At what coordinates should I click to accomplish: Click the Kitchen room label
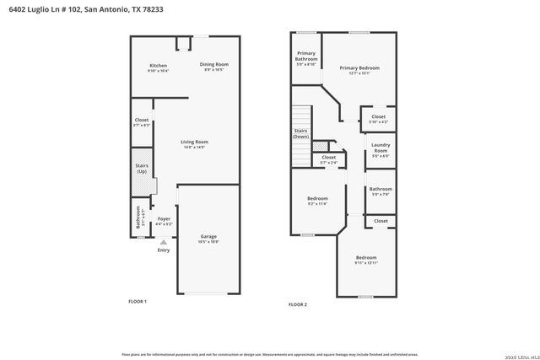(x=159, y=66)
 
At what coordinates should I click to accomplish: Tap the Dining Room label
(x=214, y=65)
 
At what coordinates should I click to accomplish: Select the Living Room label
(x=194, y=142)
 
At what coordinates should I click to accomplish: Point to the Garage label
(x=208, y=237)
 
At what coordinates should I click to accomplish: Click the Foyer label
(x=164, y=219)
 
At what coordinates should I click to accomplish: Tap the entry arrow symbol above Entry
(x=164, y=241)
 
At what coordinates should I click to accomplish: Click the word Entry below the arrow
(x=164, y=250)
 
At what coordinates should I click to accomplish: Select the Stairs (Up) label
(x=142, y=169)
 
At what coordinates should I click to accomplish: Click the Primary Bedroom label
(x=359, y=68)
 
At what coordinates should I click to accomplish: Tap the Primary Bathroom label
(x=306, y=56)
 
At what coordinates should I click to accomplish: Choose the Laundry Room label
(x=381, y=148)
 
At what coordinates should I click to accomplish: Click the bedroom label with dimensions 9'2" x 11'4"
(x=316, y=198)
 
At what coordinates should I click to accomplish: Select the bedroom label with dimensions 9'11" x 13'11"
(x=365, y=257)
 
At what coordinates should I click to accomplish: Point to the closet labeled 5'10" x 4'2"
(x=378, y=117)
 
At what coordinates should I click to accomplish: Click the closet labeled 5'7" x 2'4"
(x=328, y=158)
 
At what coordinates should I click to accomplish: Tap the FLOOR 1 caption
(x=138, y=301)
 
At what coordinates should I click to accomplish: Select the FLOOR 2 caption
(x=298, y=304)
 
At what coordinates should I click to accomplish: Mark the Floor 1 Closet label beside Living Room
(x=142, y=121)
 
